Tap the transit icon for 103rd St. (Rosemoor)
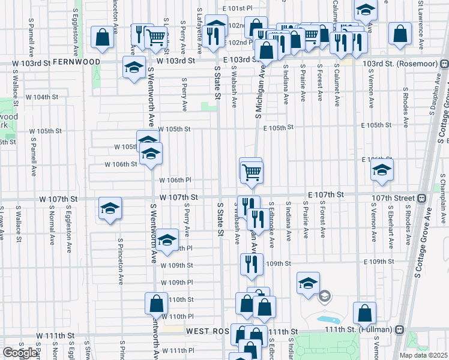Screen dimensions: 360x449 [444, 64]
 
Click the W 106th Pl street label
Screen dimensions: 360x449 [175, 180]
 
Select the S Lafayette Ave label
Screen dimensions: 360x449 [199, 18]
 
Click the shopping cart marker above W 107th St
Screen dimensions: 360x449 [252, 172]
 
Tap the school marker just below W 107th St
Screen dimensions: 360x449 [110, 208]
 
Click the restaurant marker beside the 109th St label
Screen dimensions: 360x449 [252, 264]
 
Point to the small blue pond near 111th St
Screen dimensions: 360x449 [327, 320]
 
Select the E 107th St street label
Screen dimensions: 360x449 [325, 195]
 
